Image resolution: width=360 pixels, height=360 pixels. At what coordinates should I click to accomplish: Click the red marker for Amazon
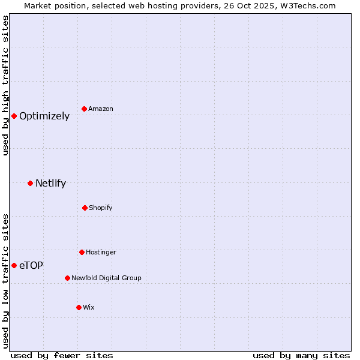(85, 109)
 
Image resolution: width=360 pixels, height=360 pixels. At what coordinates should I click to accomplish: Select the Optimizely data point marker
(14, 116)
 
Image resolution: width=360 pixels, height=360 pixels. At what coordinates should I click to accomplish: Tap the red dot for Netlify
(30, 183)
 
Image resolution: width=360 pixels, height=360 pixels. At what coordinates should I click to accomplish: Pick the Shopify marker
(85, 208)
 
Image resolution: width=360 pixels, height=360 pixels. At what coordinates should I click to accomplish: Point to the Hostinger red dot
(82, 252)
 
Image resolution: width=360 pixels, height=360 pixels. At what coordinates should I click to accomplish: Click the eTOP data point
(14, 265)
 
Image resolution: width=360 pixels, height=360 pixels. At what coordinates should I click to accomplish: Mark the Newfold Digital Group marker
(67, 278)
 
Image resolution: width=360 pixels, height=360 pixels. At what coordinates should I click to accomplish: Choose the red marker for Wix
(79, 307)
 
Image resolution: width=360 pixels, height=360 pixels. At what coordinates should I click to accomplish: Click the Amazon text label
(101, 109)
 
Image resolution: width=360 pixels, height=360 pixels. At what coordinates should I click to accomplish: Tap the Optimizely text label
(44, 116)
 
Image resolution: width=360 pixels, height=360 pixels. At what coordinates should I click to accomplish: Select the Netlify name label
(50, 183)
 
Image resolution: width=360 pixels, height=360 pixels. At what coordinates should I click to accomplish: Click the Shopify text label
(101, 208)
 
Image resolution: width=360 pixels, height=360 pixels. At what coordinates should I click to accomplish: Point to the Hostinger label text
(101, 252)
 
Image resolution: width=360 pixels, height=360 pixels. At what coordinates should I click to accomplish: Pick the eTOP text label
(31, 265)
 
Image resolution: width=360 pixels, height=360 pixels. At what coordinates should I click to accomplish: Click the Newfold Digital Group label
(106, 278)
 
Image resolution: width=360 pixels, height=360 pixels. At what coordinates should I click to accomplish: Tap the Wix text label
(89, 307)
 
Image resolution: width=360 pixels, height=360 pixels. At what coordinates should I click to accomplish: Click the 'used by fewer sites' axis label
(62, 355)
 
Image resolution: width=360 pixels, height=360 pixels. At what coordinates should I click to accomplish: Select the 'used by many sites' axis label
(301, 355)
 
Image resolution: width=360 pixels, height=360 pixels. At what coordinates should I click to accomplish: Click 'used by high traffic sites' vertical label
(5, 85)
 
